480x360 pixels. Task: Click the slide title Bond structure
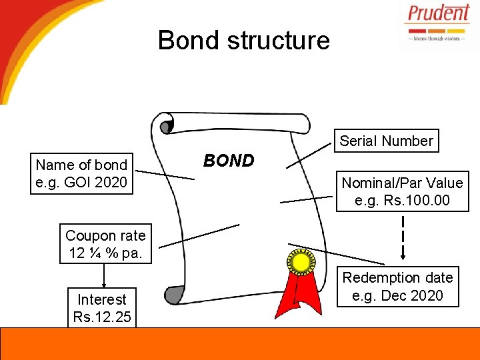243,40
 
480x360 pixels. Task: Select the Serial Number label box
386,141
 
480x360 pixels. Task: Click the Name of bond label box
81,173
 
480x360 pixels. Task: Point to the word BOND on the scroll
229,161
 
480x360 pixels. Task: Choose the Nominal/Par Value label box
402,191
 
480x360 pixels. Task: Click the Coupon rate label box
105,244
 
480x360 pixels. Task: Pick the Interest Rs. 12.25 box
101,308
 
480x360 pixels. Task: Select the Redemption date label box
397,286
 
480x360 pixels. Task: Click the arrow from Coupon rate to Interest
103,275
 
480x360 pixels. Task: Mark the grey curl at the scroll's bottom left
174,294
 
